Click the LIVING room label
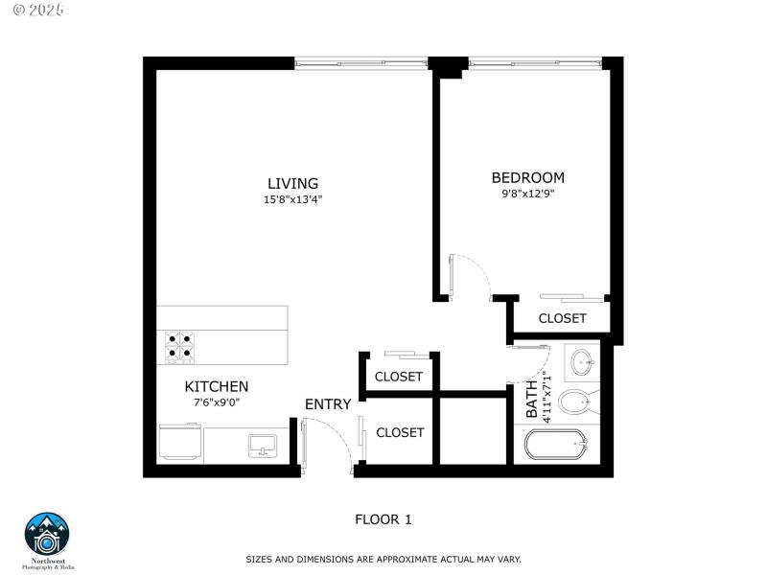(x=292, y=183)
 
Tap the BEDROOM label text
(x=527, y=177)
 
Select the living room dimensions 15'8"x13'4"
(x=292, y=200)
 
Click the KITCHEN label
(x=217, y=386)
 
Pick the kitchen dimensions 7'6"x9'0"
(x=216, y=402)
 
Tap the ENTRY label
(x=328, y=404)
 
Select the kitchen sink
(x=262, y=445)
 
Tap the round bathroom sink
(x=581, y=362)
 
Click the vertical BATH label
(x=532, y=399)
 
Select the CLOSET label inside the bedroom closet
(x=562, y=318)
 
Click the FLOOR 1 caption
(x=383, y=519)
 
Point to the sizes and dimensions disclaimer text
(x=383, y=558)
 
